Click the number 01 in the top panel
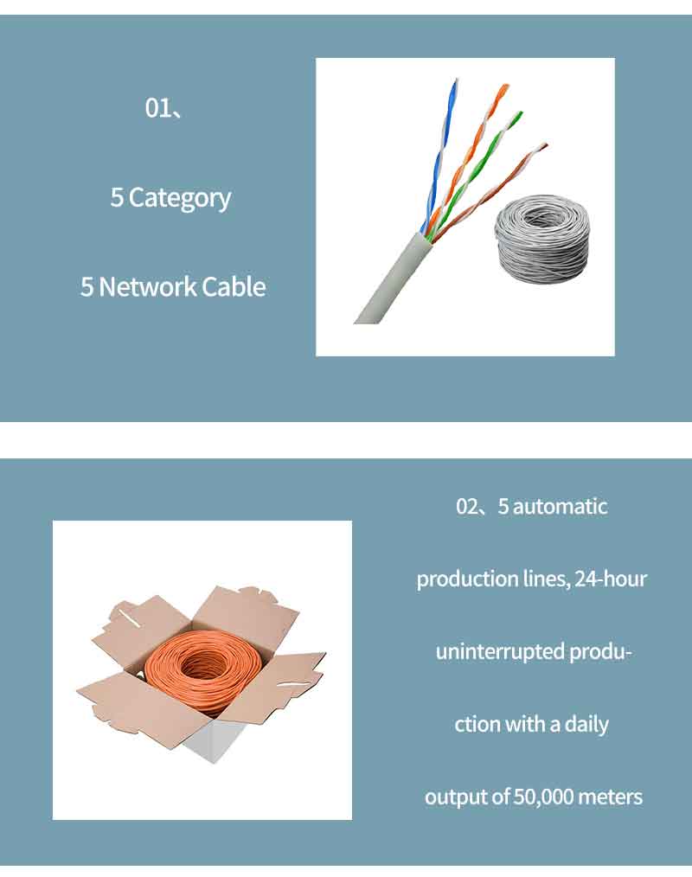(x=158, y=107)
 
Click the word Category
(x=180, y=199)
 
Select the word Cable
(x=234, y=287)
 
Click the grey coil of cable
(x=541, y=240)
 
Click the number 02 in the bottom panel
(x=467, y=506)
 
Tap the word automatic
(x=560, y=506)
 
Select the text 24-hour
(x=611, y=579)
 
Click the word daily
(x=586, y=725)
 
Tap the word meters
(x=610, y=797)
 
